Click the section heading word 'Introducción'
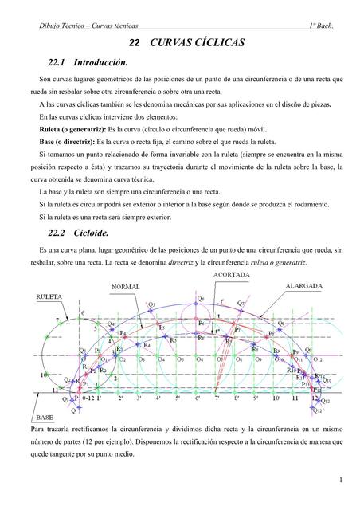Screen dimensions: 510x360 (x=100, y=62)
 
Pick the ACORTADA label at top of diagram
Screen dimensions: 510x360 (x=229, y=275)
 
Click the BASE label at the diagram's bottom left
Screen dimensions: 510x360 (x=44, y=418)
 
